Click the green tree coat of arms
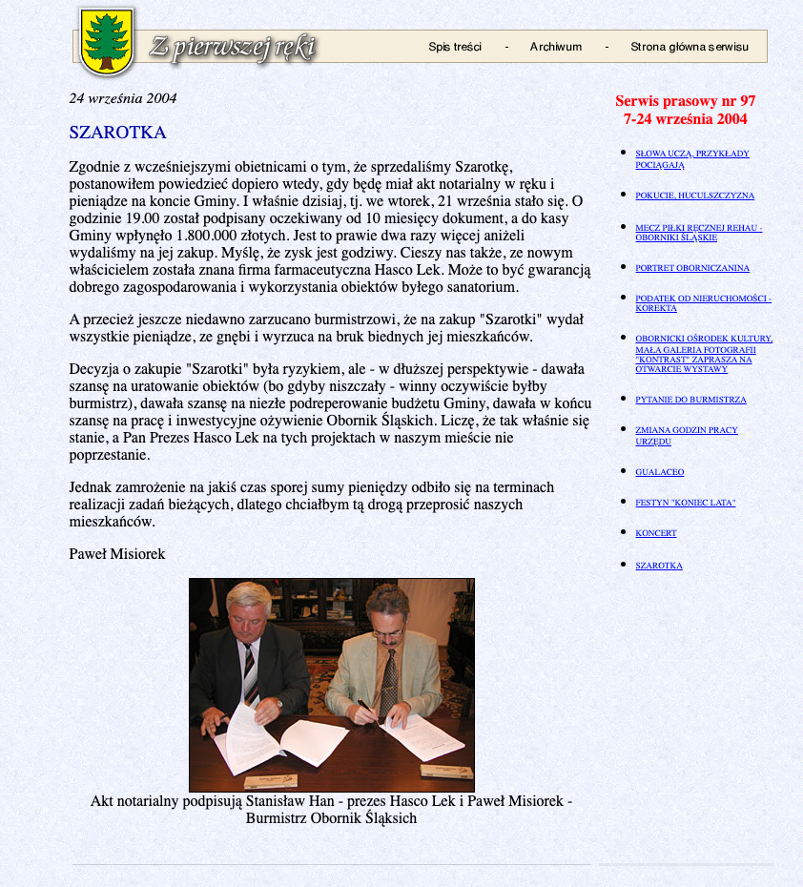pos(106,42)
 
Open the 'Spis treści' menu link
pos(455,47)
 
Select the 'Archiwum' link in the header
pos(555,47)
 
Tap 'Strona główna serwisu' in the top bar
pos(690,47)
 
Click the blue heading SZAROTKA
pos(117,133)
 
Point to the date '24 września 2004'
pos(122,98)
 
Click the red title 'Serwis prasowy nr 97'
pos(685,101)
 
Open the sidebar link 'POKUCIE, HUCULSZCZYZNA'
pos(694,196)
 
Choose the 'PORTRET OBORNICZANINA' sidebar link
pos(692,268)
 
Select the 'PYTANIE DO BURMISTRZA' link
pos(690,400)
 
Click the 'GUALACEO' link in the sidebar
pos(659,472)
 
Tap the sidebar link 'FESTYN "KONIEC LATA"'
pos(685,503)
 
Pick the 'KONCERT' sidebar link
pos(655,533)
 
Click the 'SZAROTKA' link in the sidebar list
pos(659,566)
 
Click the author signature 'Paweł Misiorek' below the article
pos(117,554)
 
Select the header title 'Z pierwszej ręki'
pos(231,48)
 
